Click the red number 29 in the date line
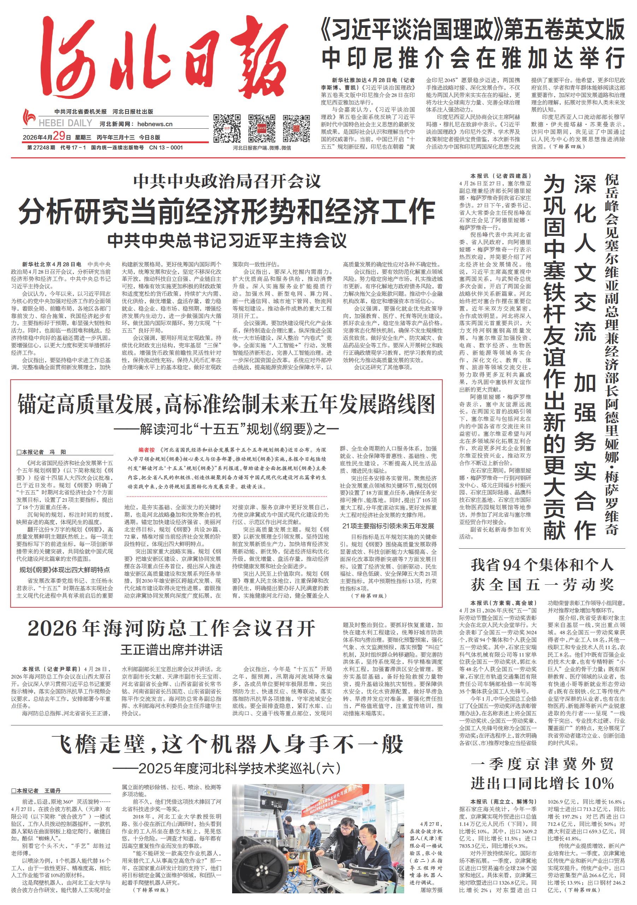coord(59,136)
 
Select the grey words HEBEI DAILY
coord(65,123)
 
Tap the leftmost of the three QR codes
coord(227,128)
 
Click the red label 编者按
coord(146,450)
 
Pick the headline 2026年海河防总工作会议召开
coord(172,628)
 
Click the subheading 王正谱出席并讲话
coord(171,649)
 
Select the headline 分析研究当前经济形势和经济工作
coord(226,212)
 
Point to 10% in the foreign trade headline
coord(600,783)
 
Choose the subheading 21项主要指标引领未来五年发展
coord(388,526)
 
